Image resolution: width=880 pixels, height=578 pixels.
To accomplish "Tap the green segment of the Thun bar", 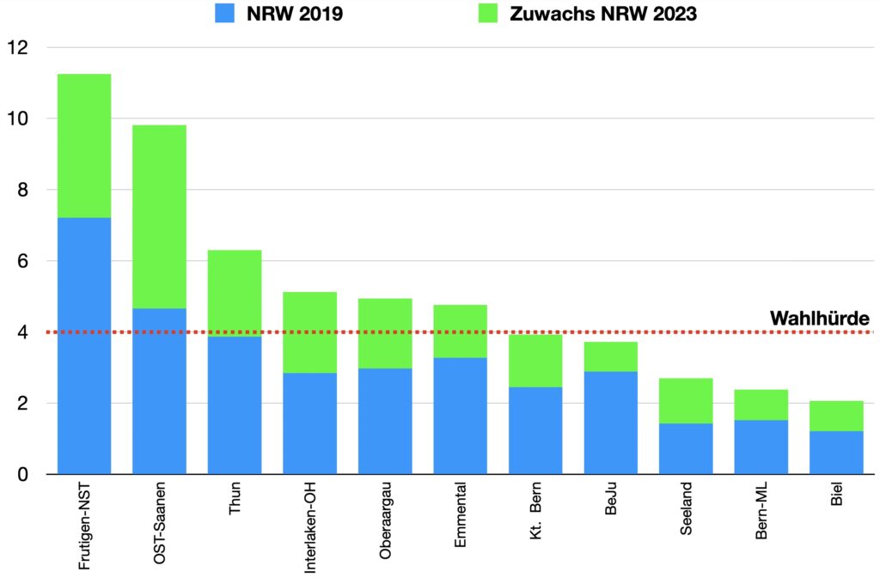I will point(235,293).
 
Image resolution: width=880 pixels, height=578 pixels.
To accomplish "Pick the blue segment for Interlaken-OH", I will point(310,423).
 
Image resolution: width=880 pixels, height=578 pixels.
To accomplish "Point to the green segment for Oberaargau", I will point(385,333).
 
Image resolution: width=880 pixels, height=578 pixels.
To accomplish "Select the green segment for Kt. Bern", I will point(535,361).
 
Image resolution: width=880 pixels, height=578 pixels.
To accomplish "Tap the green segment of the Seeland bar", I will point(686,400).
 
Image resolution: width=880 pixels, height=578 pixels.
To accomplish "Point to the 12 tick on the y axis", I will point(17,48).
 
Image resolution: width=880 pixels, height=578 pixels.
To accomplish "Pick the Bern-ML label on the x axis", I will point(761,514).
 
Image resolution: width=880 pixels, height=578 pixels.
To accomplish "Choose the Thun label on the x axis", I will point(235,502).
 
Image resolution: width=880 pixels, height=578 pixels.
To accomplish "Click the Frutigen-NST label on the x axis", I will point(84,528).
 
